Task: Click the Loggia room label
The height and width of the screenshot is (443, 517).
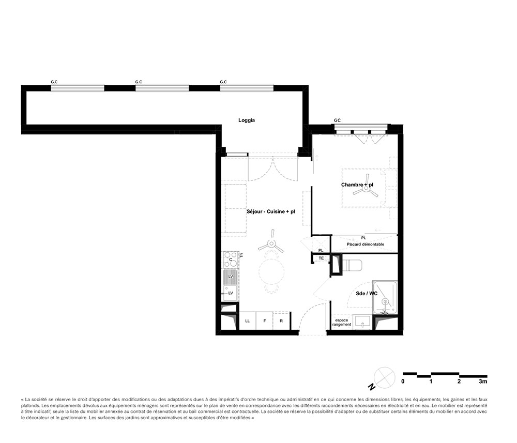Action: pyautogui.click(x=247, y=120)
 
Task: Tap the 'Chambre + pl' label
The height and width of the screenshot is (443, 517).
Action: pyautogui.click(x=357, y=185)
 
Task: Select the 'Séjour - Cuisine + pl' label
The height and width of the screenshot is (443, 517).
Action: pyautogui.click(x=271, y=211)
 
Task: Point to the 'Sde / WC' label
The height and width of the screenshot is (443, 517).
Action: pyautogui.click(x=367, y=294)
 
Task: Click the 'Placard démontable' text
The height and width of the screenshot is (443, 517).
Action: pyautogui.click(x=366, y=244)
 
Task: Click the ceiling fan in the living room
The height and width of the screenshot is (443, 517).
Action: pyautogui.click(x=271, y=243)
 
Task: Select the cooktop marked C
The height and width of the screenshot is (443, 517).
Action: pyautogui.click(x=231, y=259)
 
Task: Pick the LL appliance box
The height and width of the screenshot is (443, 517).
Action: pyautogui.click(x=247, y=320)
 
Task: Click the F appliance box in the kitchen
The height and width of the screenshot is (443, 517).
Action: pyautogui.click(x=264, y=320)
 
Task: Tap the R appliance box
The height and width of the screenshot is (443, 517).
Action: pyautogui.click(x=281, y=320)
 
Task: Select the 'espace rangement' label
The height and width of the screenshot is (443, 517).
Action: pyautogui.click(x=342, y=323)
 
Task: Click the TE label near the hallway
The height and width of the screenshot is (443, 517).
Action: pyautogui.click(x=321, y=258)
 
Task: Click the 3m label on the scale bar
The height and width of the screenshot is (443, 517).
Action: pyautogui.click(x=483, y=381)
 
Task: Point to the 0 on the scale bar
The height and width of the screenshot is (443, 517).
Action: pyautogui.click(x=403, y=381)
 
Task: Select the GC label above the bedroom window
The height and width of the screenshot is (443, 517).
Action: pyautogui.click(x=337, y=120)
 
